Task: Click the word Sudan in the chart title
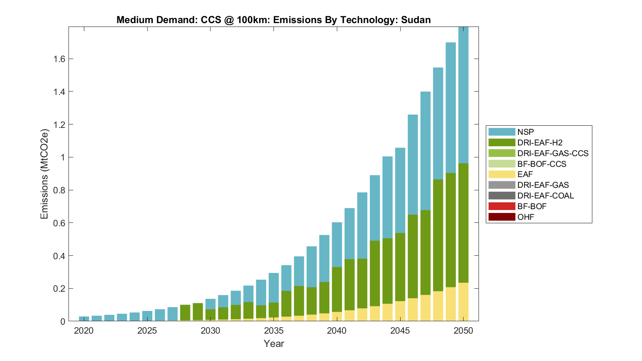pyautogui.click(x=416, y=20)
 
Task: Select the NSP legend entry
pyautogui.click(x=526, y=132)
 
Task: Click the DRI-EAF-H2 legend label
pyautogui.click(x=540, y=142)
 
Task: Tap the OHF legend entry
pyautogui.click(x=526, y=217)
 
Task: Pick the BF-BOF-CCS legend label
pyautogui.click(x=541, y=164)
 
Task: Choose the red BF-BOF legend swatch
pyautogui.click(x=502, y=206)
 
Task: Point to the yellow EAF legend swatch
pyautogui.click(x=502, y=174)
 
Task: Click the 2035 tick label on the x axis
pyautogui.click(x=274, y=331)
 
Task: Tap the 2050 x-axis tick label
pyautogui.click(x=464, y=331)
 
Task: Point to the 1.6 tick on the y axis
pyautogui.click(x=59, y=59)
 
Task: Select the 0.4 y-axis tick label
pyautogui.click(x=59, y=256)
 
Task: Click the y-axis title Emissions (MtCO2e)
pyautogui.click(x=44, y=174)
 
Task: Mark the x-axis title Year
pyautogui.click(x=274, y=343)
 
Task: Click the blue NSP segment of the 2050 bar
pyautogui.click(x=464, y=94)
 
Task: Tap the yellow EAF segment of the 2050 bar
pyautogui.click(x=464, y=302)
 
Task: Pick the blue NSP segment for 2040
pyautogui.click(x=337, y=246)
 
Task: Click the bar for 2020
pyautogui.click(x=84, y=319)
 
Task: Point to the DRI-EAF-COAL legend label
pyautogui.click(x=545, y=195)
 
